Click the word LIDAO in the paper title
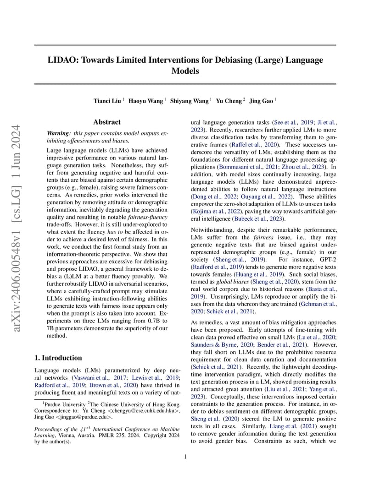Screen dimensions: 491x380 point(62,60)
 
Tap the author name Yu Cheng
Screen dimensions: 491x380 point(229,101)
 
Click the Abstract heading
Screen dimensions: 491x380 point(107,122)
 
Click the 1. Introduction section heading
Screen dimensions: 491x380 point(58,358)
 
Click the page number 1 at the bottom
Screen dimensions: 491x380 point(185,457)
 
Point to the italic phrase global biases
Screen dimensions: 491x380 point(230,282)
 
